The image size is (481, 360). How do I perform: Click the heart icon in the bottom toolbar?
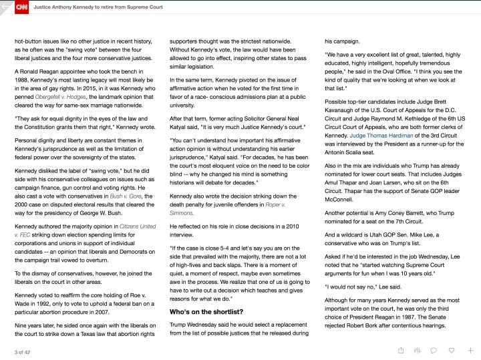pyautogui.click(x=452, y=350)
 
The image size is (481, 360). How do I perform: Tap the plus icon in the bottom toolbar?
pyautogui.click(x=470, y=350)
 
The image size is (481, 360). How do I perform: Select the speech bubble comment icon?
pyautogui.click(x=434, y=350)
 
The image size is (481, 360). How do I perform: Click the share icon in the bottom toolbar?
pyautogui.click(x=401, y=350)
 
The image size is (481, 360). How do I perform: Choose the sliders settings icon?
pyautogui.click(x=418, y=350)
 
